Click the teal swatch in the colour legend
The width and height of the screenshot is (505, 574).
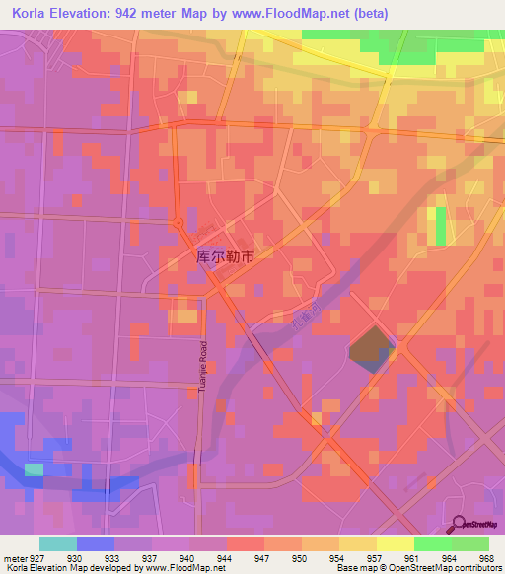pos(58,543)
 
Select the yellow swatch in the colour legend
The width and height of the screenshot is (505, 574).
pos(396,543)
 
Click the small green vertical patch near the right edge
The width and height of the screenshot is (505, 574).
pos(439,226)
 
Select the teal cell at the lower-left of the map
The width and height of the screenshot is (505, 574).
pos(34,469)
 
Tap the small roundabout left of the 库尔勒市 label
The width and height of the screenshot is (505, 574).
pos(179,224)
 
